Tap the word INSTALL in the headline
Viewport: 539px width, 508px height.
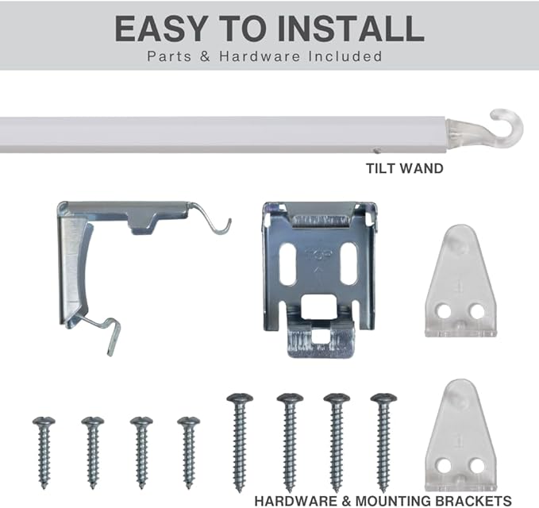pyautogui.click(x=355, y=29)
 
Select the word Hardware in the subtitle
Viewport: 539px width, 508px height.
pyautogui.click(x=260, y=56)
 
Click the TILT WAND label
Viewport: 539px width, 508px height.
pyautogui.click(x=404, y=168)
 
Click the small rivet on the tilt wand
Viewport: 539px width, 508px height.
pyautogui.click(x=377, y=150)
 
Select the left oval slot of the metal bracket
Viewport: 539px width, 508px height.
pyautogui.click(x=288, y=264)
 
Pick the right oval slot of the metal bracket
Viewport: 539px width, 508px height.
pyautogui.click(x=349, y=264)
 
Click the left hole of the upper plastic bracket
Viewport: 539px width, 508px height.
pyautogui.click(x=444, y=311)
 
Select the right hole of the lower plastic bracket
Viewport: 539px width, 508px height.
pyautogui.click(x=477, y=466)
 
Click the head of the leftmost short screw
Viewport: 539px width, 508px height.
pyautogui.click(x=44, y=421)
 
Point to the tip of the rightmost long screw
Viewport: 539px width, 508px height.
pyautogui.click(x=383, y=490)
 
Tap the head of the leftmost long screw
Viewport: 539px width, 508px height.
pyautogui.click(x=240, y=398)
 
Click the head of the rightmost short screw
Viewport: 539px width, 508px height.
pyautogui.click(x=188, y=421)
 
